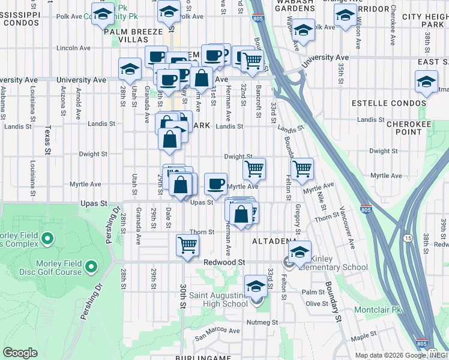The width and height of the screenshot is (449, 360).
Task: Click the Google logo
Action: click(x=20, y=353)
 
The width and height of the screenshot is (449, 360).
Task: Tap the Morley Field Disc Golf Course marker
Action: click(x=91, y=266)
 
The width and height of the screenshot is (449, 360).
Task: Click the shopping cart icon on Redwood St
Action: click(x=187, y=245)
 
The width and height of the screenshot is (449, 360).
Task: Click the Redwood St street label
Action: click(x=224, y=263)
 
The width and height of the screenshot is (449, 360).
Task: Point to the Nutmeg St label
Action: click(x=259, y=322)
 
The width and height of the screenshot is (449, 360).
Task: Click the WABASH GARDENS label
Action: click(x=289, y=5)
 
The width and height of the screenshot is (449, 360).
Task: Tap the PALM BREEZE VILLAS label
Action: click(x=133, y=36)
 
